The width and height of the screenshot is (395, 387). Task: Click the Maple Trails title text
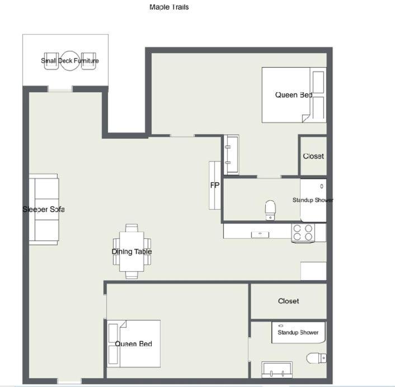[169, 7]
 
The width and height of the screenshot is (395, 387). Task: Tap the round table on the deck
[70, 61]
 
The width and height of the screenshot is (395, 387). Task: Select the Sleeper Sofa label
[44, 209]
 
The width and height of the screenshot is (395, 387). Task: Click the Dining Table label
[131, 252]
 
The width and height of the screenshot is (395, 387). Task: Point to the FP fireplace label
[215, 185]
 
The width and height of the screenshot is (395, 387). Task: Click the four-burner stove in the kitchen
[303, 233]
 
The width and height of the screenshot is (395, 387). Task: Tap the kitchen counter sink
[260, 234]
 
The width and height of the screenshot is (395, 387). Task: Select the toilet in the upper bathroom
[270, 210]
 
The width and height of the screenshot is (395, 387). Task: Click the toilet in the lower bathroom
[317, 358]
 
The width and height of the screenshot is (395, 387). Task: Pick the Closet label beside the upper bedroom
[313, 156]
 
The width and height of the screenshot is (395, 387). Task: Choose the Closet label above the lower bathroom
[289, 301]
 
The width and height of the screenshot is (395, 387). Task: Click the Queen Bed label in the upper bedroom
[294, 95]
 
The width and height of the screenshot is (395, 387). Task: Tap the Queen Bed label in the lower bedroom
[134, 344]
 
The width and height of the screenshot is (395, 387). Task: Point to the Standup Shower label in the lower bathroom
[298, 332]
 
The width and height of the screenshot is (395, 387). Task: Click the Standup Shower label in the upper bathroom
[313, 200]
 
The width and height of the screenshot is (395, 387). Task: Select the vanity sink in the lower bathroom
[277, 370]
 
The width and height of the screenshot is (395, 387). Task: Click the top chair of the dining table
[131, 228]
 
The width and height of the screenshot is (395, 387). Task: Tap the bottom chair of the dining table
[131, 275]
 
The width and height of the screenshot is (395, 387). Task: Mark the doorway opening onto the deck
[60, 89]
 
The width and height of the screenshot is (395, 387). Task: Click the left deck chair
[51, 61]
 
